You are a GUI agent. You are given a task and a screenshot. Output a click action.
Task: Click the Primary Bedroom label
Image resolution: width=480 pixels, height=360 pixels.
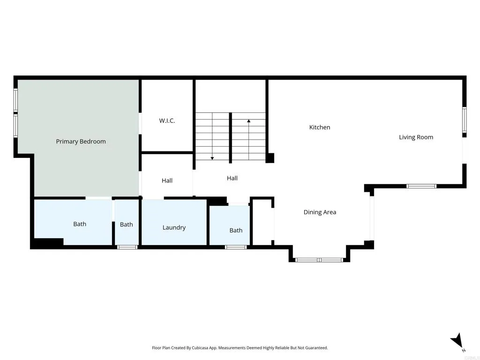(x=81, y=142)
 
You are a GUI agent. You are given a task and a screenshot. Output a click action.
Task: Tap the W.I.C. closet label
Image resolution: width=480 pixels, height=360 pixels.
(x=167, y=121)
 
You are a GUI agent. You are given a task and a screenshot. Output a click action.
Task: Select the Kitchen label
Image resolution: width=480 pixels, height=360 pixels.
(x=320, y=127)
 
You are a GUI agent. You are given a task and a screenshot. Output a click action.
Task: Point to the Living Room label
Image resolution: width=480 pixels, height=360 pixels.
(x=416, y=137)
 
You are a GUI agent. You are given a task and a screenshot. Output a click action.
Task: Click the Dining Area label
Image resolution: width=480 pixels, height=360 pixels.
(x=320, y=212)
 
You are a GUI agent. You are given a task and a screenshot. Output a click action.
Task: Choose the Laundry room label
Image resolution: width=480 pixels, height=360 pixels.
(x=174, y=228)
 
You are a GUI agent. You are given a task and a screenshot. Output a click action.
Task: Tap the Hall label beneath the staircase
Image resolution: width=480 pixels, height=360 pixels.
(x=232, y=178)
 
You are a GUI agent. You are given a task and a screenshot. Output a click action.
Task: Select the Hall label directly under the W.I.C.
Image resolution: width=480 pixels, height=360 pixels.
(x=167, y=181)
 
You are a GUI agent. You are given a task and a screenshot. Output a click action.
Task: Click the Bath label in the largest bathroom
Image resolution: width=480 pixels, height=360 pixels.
(x=80, y=224)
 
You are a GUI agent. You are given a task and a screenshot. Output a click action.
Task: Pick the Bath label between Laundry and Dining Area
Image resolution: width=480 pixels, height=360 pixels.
(x=236, y=231)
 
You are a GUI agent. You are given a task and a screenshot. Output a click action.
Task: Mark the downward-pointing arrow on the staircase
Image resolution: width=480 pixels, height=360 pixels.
(x=212, y=157)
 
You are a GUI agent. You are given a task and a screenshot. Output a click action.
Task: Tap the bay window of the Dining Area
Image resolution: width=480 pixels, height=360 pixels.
(x=319, y=260)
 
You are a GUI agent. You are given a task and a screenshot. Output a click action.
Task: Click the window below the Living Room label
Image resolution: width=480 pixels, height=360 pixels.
(x=421, y=186)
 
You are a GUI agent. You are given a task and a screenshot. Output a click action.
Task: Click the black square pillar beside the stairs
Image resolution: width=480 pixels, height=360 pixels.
(x=270, y=158)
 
